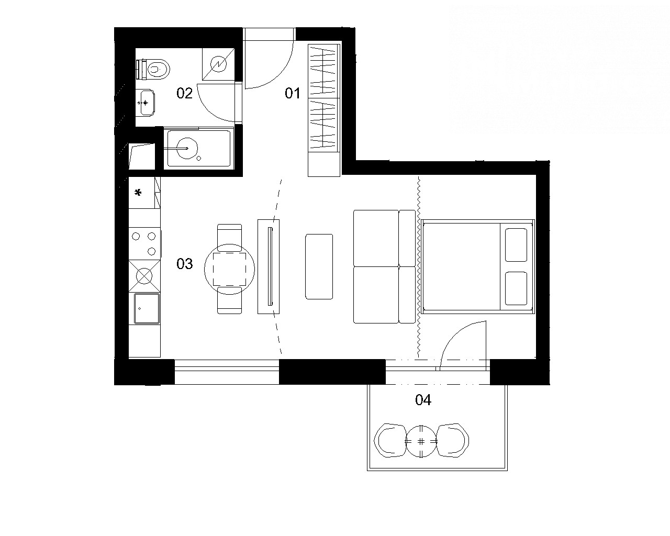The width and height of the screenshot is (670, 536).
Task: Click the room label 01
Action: click(x=293, y=94)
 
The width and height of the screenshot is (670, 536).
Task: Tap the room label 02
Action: click(x=184, y=93)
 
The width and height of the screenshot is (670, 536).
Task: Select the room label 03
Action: click(x=184, y=264)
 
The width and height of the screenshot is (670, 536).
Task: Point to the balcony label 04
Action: click(x=423, y=400)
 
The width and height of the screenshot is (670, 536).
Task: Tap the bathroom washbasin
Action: click(x=145, y=103)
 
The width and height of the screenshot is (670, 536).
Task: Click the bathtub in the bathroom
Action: click(x=199, y=148)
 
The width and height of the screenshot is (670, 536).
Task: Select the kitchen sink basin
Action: click(x=147, y=309)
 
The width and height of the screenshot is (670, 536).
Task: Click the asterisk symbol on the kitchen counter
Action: click(x=138, y=193)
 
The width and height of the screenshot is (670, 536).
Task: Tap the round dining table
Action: click(x=229, y=269)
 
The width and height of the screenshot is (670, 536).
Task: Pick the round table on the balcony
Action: click(x=421, y=441)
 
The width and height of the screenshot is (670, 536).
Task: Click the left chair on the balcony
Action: click(x=390, y=440)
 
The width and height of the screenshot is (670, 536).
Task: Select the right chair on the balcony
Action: click(x=453, y=440)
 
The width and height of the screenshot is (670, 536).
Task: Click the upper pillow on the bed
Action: click(x=516, y=245)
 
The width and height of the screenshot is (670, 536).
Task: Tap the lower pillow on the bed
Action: click(x=516, y=288)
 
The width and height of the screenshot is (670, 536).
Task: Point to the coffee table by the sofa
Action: click(x=319, y=266)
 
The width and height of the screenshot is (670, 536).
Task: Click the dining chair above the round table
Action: click(x=229, y=238)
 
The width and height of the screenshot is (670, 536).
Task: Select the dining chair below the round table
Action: click(x=229, y=300)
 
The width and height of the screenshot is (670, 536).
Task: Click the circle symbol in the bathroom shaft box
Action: click(x=218, y=64)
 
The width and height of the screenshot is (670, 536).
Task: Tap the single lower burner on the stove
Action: click(x=152, y=251)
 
